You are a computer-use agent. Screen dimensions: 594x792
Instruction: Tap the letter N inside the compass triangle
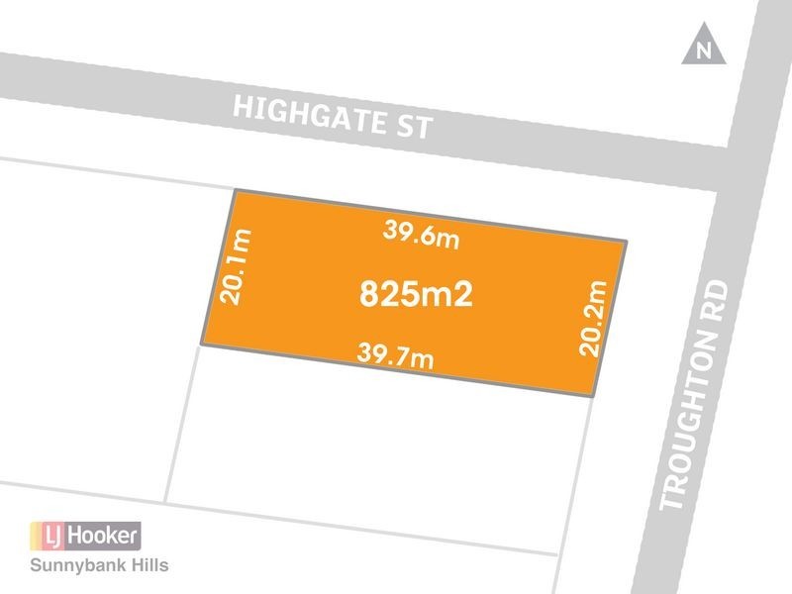click(x=704, y=52)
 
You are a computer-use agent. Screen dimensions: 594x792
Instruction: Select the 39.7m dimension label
click(x=395, y=353)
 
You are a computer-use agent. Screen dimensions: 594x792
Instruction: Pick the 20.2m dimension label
click(x=591, y=319)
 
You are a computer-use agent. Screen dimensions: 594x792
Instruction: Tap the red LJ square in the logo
click(x=49, y=536)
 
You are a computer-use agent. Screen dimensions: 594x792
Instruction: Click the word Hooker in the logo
click(x=104, y=536)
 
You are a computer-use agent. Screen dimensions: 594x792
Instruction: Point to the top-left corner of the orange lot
click(x=234, y=191)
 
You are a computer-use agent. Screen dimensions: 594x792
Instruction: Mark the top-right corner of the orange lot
click(x=628, y=241)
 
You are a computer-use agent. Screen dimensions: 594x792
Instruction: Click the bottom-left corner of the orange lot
click(x=203, y=345)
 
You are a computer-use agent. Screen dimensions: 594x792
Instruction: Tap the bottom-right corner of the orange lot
click(x=593, y=396)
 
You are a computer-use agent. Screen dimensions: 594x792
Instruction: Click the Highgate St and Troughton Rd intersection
click(x=744, y=148)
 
